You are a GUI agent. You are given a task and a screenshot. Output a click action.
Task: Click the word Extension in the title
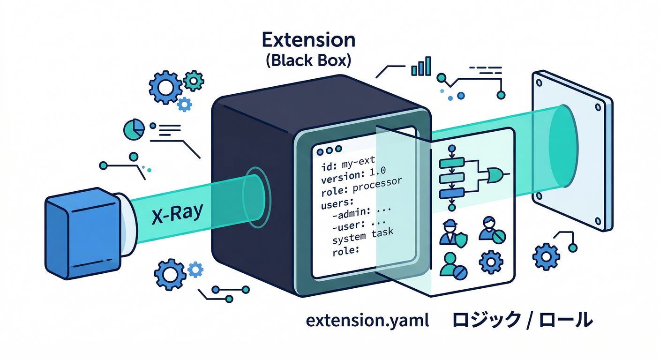pos(308,40)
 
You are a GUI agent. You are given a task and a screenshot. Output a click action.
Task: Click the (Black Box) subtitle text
pos(308,61)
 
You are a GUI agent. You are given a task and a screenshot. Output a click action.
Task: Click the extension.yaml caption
pos(367,321)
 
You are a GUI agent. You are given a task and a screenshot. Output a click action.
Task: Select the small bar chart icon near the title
pos(420,67)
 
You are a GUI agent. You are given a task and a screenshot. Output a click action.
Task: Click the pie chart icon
pos(134,129)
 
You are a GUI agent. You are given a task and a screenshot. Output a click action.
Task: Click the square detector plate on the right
pos(571,150)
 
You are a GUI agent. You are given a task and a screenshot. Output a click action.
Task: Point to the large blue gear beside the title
pos(164,87)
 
